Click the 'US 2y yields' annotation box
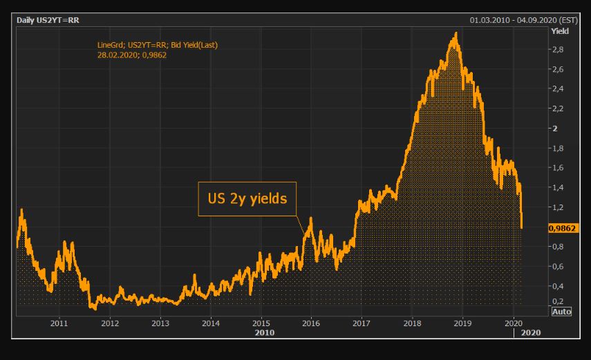247,199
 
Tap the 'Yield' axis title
559,30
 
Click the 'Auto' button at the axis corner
561,312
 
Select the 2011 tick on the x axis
59,323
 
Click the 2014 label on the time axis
211,323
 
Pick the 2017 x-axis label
362,323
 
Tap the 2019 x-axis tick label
463,323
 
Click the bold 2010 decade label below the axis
265,332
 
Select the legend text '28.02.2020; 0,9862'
132,55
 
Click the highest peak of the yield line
455,33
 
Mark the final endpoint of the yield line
521,227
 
